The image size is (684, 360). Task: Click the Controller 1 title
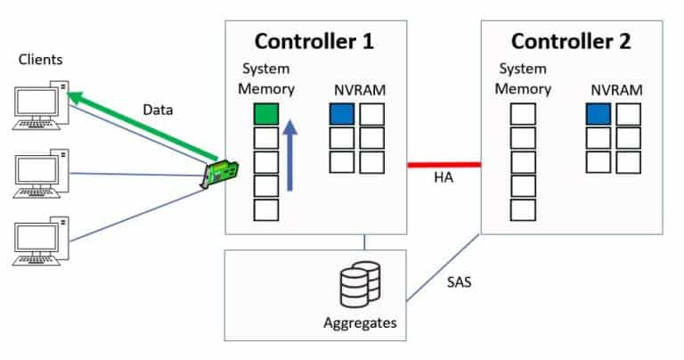[313, 41]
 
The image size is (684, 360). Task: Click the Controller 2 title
[570, 41]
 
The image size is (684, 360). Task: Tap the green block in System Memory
[266, 114]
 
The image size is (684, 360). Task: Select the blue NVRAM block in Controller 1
[341, 114]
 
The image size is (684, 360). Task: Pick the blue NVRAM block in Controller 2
[598, 114]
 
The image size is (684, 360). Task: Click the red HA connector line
[444, 165]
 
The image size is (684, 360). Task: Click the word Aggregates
[360, 323]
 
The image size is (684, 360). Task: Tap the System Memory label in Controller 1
[266, 78]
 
